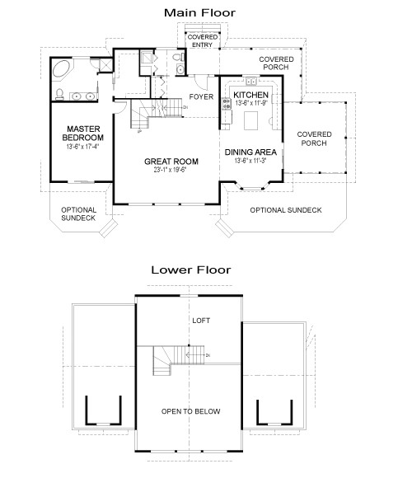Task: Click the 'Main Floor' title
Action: coord(199,12)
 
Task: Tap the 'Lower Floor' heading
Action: coord(190,269)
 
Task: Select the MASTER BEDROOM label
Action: coord(83,134)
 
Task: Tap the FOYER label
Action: coord(201,97)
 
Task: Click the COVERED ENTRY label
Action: coord(202,41)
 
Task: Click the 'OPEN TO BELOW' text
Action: coord(190,411)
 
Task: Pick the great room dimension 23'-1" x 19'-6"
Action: coord(170,171)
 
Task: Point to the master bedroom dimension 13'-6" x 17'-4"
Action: coord(83,147)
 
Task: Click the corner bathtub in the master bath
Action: coord(63,72)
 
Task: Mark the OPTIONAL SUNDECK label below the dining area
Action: coord(285,211)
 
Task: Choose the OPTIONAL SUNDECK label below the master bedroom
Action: coord(78,214)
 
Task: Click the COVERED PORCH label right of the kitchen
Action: coord(314,139)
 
